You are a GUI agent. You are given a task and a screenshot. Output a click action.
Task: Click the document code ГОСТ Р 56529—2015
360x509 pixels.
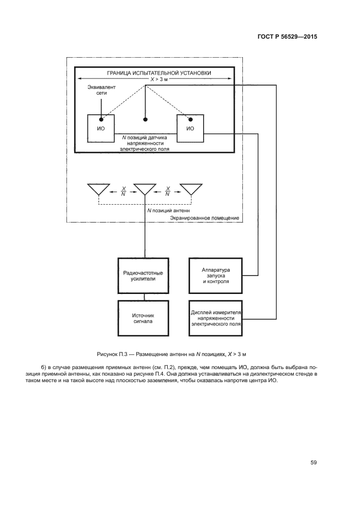pos(287,36)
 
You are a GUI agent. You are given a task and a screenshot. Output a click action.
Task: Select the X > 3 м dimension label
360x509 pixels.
pos(159,79)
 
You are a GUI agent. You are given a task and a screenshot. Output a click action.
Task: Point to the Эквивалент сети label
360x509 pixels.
pos(101,90)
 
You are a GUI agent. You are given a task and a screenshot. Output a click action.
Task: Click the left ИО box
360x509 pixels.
pos(101,128)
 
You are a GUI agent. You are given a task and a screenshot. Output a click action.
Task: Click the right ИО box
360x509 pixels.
pos(190,128)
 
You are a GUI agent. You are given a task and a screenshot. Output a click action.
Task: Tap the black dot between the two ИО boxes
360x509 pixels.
pos(145,119)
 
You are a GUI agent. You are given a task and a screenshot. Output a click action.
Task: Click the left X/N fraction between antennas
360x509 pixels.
pos(123,192)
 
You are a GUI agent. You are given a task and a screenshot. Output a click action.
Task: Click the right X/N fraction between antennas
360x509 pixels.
pos(168,192)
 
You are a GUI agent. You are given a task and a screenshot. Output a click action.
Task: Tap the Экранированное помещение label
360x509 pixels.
pos(205,218)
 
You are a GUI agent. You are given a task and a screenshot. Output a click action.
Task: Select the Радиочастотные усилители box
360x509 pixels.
pos(143,275)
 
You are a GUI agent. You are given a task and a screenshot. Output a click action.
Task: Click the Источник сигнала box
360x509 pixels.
pos(143,318)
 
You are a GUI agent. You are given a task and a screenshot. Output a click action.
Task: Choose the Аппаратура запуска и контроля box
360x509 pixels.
pos(216,275)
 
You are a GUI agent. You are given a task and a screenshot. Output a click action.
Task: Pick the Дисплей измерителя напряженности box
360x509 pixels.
pos(216,318)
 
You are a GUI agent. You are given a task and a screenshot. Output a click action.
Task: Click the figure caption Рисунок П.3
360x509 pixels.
pos(172,354)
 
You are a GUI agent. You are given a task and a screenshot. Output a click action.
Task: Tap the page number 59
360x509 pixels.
pos(313,462)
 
